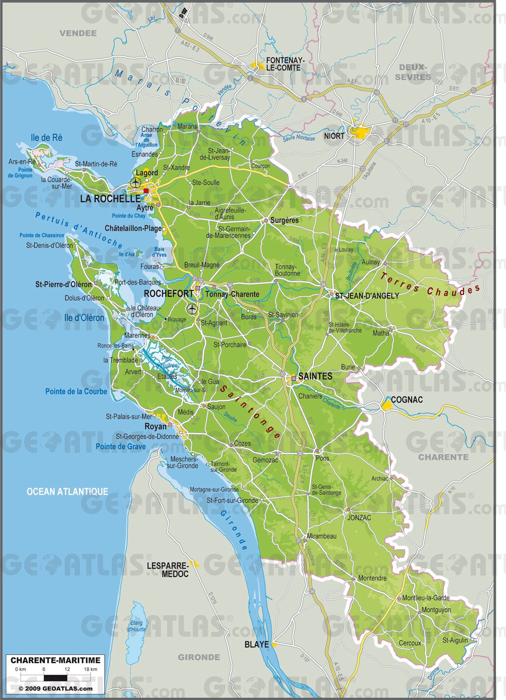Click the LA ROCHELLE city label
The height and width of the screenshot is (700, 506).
(110, 199)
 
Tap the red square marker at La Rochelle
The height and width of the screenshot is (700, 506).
(146, 191)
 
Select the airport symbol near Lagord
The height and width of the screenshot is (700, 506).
(135, 183)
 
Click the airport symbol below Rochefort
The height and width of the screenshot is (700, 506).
(192, 308)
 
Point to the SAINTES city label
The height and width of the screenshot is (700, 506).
(315, 376)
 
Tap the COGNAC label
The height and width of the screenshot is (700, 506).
(407, 400)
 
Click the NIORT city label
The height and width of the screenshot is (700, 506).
(334, 136)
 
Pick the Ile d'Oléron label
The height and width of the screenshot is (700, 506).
(84, 318)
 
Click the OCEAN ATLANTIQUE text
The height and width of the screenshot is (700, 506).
(67, 492)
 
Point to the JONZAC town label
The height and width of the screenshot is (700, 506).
(359, 517)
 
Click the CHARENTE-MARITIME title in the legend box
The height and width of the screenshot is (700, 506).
(55, 660)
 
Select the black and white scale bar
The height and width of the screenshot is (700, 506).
(55, 677)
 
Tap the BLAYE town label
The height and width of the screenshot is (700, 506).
(256, 644)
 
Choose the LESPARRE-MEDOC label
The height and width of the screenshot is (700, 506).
(167, 570)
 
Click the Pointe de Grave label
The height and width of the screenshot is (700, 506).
(121, 447)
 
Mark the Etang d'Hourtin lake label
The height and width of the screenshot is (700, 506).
(137, 626)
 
